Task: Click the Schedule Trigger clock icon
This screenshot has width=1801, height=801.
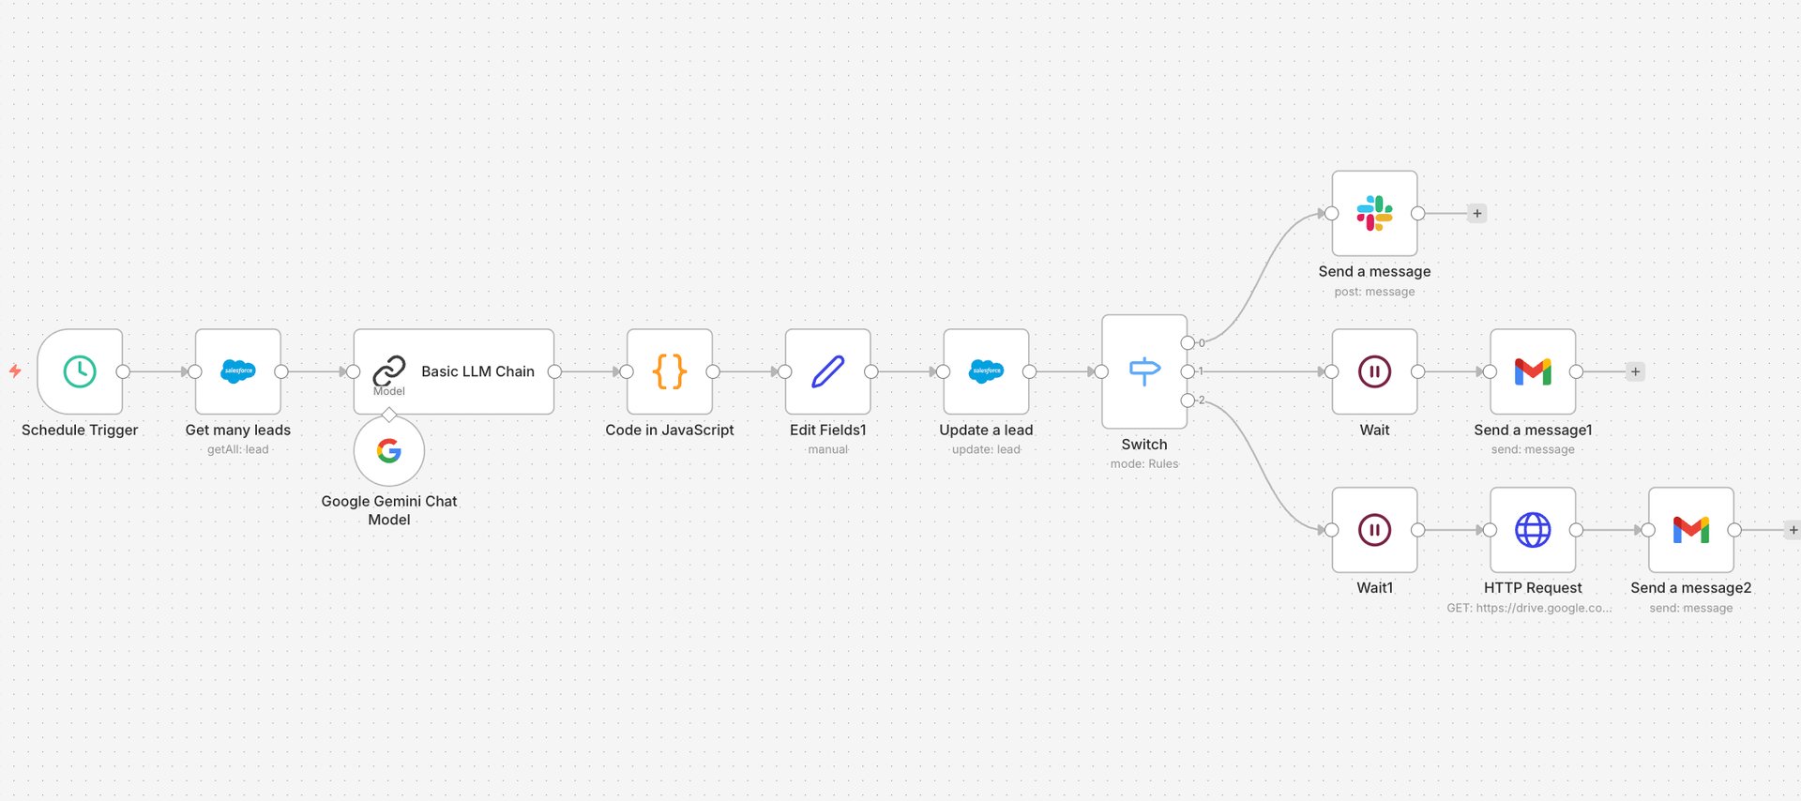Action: pyautogui.click(x=80, y=371)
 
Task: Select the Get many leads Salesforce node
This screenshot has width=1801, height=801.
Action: pyautogui.click(x=238, y=371)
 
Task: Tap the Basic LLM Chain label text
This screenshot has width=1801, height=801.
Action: pyautogui.click(x=477, y=371)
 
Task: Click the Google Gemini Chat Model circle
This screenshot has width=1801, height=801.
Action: pyautogui.click(x=389, y=451)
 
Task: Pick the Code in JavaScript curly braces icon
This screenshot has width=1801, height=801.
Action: pyautogui.click(x=670, y=371)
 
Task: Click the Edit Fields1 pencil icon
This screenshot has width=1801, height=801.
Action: pyautogui.click(x=828, y=371)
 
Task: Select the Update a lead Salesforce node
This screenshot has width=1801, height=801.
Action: pyautogui.click(x=986, y=371)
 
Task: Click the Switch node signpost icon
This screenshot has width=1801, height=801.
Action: pyautogui.click(x=1144, y=371)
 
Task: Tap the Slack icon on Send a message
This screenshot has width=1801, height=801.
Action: pyautogui.click(x=1374, y=213)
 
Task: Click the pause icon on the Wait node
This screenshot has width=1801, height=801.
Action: pyautogui.click(x=1374, y=371)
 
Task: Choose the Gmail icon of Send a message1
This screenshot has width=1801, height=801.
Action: pyautogui.click(x=1533, y=371)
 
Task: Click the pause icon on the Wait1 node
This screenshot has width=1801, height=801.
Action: pyautogui.click(x=1374, y=530)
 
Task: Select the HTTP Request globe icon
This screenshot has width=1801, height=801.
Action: pyautogui.click(x=1533, y=530)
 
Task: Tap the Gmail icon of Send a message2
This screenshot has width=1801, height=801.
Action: pyautogui.click(x=1691, y=530)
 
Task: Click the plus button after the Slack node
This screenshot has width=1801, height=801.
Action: pyautogui.click(x=1477, y=213)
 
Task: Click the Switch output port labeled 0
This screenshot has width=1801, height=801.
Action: pyautogui.click(x=1188, y=342)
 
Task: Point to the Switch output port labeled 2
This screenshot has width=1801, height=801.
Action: pyautogui.click(x=1188, y=400)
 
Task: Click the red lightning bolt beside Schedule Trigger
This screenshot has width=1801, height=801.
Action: pyautogui.click(x=15, y=371)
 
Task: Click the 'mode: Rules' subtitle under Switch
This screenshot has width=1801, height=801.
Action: pyautogui.click(x=1144, y=463)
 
